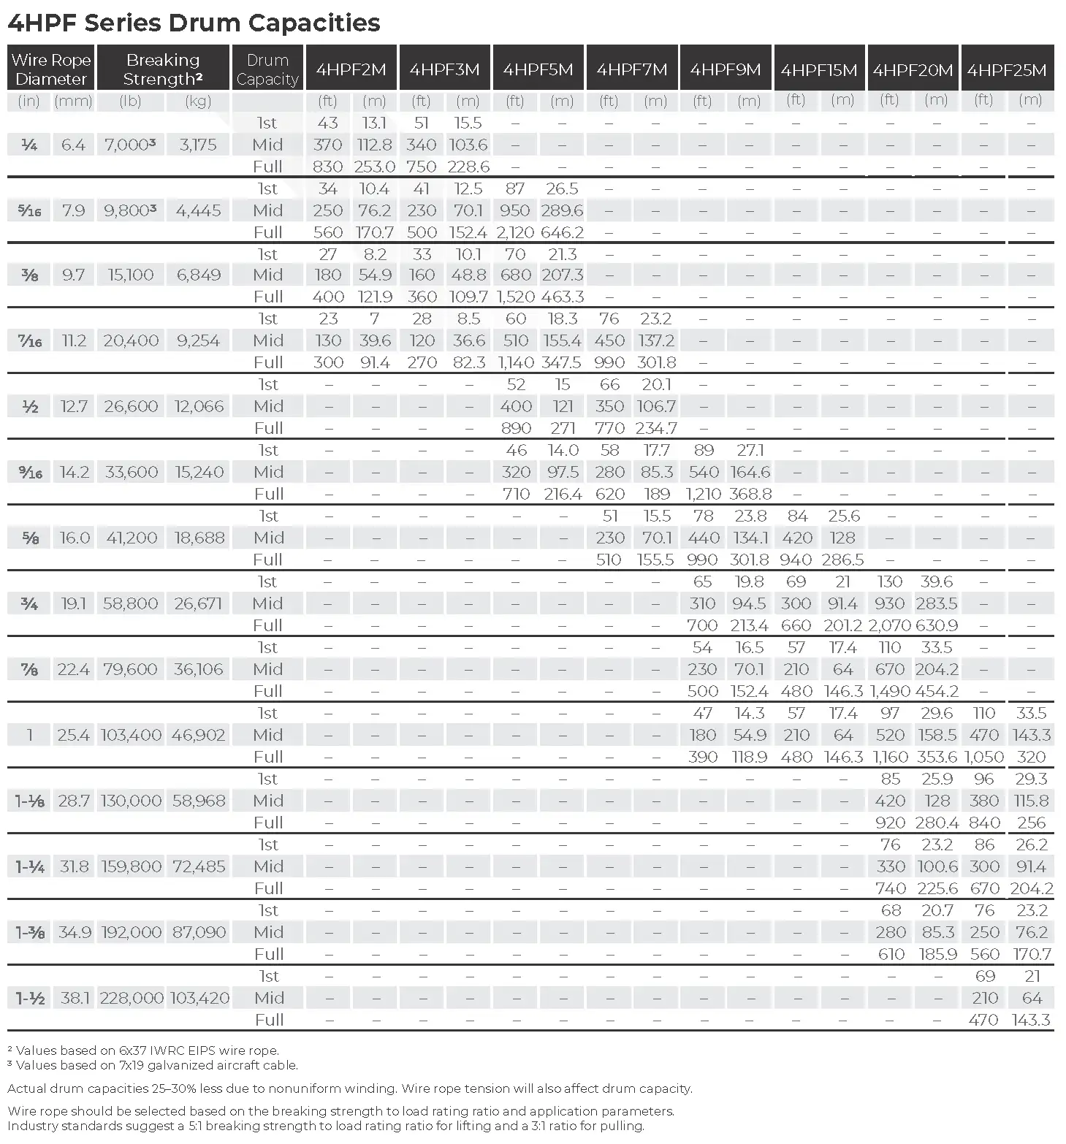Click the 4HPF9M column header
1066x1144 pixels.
click(726, 69)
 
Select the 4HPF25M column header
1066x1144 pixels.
click(1007, 69)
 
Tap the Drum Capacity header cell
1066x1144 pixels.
click(267, 69)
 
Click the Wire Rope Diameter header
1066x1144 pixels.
click(50, 69)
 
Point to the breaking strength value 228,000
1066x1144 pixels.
click(132, 998)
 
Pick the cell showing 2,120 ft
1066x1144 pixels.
click(516, 232)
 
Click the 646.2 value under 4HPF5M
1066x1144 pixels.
click(562, 232)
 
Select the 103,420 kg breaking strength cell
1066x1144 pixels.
click(199, 998)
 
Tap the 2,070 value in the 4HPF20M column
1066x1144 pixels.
click(889, 625)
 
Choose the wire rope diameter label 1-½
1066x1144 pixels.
click(30, 998)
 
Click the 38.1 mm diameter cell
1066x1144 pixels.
click(75, 998)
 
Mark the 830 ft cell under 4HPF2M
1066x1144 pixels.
click(328, 167)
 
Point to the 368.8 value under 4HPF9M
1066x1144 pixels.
click(750, 494)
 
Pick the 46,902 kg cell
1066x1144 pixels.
click(199, 735)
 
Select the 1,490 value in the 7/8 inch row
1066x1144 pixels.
click(890, 691)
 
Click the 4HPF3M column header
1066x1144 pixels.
click(444, 69)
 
